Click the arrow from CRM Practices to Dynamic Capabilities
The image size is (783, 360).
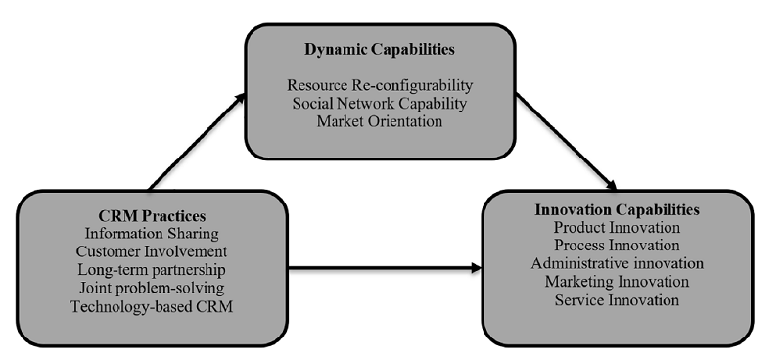[196, 139]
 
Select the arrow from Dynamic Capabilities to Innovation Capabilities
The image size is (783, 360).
[568, 142]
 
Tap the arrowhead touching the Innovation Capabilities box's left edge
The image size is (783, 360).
[478, 265]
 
